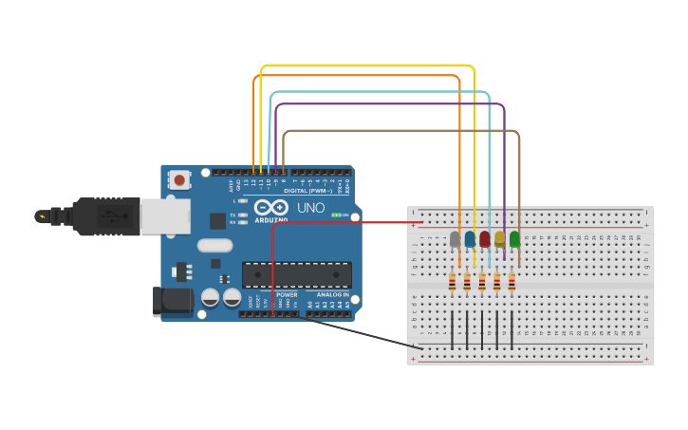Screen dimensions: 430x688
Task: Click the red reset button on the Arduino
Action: click(178, 178)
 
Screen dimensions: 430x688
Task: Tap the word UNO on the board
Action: click(310, 208)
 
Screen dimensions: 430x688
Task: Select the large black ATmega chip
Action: click(296, 274)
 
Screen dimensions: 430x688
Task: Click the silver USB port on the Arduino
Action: click(164, 215)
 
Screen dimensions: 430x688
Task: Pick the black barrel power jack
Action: click(171, 302)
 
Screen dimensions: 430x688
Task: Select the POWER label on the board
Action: click(287, 294)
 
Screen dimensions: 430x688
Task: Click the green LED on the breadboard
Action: click(514, 238)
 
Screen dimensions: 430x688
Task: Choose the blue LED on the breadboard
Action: click(470, 238)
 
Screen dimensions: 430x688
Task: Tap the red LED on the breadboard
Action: click(485, 238)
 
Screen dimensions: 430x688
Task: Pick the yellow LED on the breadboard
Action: click(500, 238)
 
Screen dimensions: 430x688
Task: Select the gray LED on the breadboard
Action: click(455, 238)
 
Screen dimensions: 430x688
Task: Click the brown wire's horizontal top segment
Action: click(399, 131)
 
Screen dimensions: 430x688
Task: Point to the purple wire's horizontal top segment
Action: click(389, 104)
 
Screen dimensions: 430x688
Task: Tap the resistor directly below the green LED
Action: click(511, 282)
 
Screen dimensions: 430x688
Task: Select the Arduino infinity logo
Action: click(270, 207)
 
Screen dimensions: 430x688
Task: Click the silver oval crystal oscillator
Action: click(214, 245)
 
